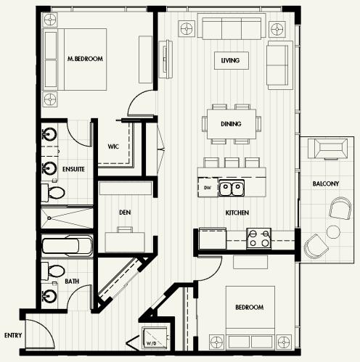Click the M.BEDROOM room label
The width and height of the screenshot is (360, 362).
tap(85, 59)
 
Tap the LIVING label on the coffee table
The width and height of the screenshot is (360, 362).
tap(230, 60)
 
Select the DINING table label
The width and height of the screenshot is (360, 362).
tap(231, 124)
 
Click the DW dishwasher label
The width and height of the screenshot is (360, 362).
tap(208, 188)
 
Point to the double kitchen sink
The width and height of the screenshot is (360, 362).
tap(232, 188)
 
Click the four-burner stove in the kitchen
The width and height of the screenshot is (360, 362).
tap(258, 238)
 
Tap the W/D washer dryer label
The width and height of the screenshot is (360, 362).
tap(152, 343)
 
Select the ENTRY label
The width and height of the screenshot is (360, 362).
tap(13, 335)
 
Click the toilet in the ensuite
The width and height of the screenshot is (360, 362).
tap(53, 192)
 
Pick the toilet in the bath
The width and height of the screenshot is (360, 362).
tap(53, 271)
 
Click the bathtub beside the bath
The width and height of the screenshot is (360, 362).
tap(67, 246)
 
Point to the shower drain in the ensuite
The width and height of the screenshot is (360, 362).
tap(49, 218)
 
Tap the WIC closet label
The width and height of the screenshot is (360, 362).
tap(113, 147)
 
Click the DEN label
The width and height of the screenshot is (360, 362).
tap(125, 213)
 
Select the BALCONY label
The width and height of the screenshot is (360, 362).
tap(326, 184)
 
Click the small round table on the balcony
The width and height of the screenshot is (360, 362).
tap(333, 231)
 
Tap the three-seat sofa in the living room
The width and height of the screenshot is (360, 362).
tap(232, 27)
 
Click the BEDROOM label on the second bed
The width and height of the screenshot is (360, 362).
tap(250, 308)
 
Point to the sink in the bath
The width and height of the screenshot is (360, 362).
tap(50, 295)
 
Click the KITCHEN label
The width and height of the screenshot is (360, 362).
tap(237, 213)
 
